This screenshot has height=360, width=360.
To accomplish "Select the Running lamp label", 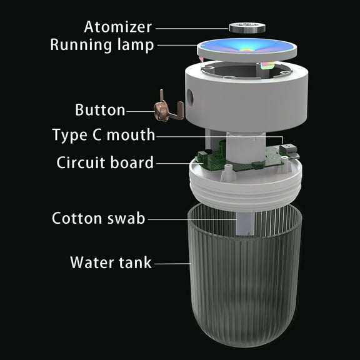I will (101, 46).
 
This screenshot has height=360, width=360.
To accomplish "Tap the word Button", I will (99, 111).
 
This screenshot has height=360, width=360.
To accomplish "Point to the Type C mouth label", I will (103, 135).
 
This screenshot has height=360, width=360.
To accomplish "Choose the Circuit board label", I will (104, 163).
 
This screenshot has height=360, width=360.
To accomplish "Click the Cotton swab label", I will (98, 219).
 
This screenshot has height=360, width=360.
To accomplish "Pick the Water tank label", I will (111, 262).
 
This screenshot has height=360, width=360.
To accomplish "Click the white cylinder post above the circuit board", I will (241, 145).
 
